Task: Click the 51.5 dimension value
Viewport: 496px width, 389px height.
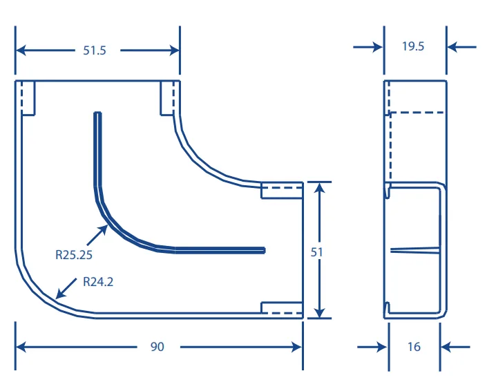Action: [95, 50]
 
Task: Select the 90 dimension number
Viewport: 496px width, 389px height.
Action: [158, 347]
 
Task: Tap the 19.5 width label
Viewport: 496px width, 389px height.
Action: [413, 46]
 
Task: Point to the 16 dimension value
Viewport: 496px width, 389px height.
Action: [414, 347]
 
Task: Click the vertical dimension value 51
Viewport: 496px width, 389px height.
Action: [317, 252]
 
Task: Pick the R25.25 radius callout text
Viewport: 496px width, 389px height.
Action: [74, 255]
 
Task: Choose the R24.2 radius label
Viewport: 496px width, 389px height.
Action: [98, 282]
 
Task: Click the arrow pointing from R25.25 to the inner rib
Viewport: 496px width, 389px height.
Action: [97, 236]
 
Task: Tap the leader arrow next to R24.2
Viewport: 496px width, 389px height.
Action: [66, 288]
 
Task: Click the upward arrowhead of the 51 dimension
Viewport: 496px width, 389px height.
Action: [320, 188]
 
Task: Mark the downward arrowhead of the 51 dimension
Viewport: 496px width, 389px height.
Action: [320, 312]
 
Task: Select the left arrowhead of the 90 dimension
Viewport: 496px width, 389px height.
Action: [21, 348]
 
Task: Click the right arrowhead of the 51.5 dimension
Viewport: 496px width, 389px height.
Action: [174, 50]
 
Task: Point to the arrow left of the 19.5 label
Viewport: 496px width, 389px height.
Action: [368, 47]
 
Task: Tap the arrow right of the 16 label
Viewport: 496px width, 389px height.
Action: [455, 347]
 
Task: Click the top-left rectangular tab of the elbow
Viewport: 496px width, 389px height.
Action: [28, 98]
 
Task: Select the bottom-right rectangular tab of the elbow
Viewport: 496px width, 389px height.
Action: [282, 307]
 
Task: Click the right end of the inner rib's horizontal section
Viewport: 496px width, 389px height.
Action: [264, 251]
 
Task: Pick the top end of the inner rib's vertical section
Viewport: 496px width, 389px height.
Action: [97, 113]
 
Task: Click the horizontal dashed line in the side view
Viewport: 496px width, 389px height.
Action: [417, 112]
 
